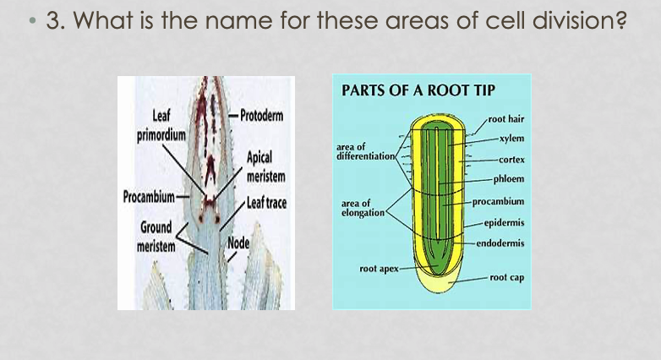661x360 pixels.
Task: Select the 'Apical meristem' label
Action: pos(265,166)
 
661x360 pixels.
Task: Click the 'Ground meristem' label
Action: pos(156,236)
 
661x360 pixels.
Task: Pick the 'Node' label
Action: pos(238,244)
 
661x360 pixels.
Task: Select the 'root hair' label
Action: pos(506,119)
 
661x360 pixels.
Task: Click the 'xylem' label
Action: pos(511,138)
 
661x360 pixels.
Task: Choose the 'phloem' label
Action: pos(510,179)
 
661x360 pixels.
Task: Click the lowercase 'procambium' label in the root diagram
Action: pos(498,201)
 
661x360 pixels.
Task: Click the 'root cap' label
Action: pos(506,277)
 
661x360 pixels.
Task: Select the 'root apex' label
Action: pos(378,269)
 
